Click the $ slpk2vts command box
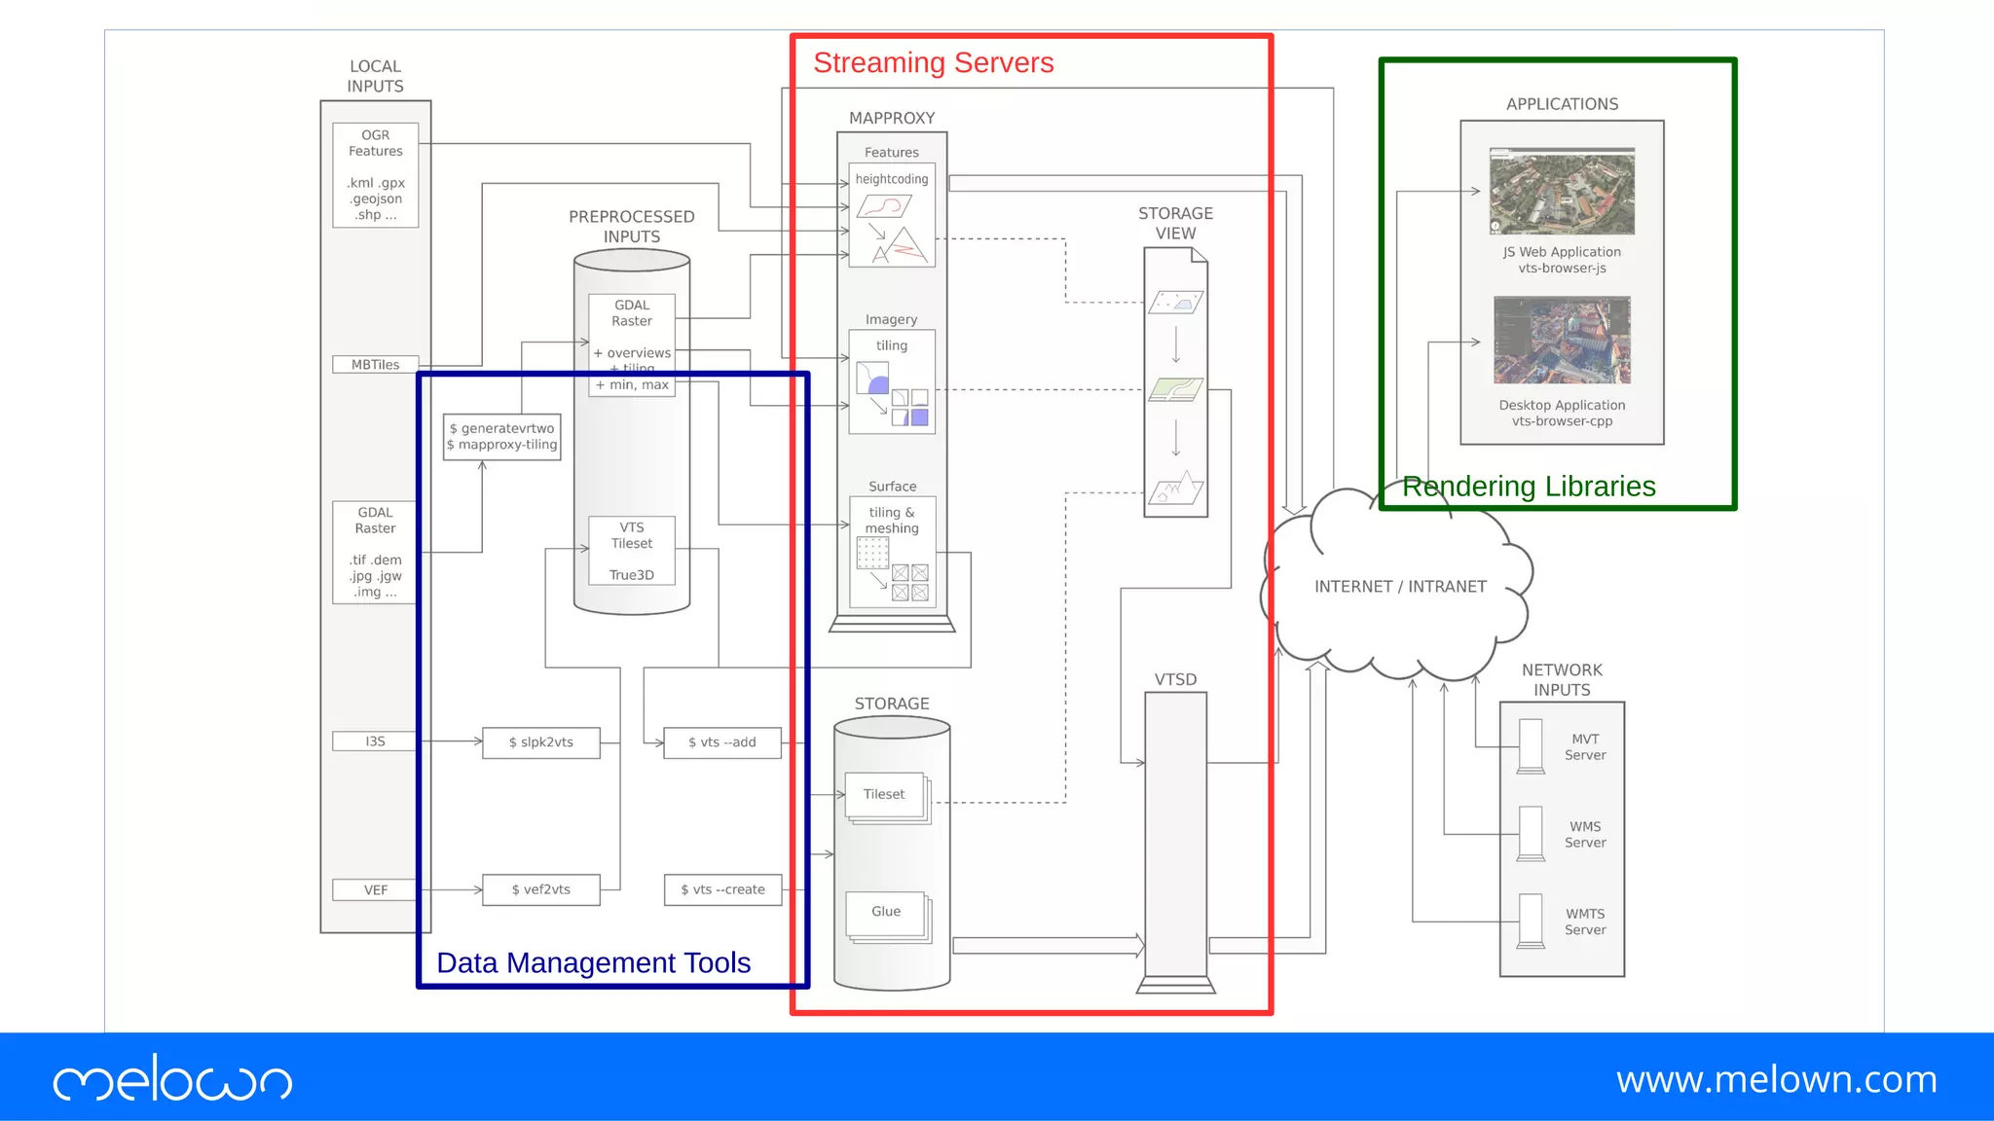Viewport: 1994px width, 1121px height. pos(540,742)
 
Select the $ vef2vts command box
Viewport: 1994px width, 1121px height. pos(540,889)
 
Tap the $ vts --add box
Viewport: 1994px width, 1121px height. pos(721,742)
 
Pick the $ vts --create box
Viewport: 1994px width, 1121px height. pos(722,889)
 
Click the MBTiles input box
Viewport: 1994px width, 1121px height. pos(375,365)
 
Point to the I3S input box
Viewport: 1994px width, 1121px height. pos(375,741)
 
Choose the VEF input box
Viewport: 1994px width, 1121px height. pos(375,890)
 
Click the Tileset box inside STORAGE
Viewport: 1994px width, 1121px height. pos(884,795)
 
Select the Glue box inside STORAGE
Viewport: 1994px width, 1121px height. pos(885,912)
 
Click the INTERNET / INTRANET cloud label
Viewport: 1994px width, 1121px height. pos(1400,587)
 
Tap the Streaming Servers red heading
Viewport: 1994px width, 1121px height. pos(933,63)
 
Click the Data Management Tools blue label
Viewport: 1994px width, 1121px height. pos(593,962)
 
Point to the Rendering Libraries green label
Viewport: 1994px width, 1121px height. pos(1528,487)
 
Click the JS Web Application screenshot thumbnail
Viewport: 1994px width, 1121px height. pos(1562,192)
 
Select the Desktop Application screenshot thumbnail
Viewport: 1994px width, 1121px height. pos(1562,341)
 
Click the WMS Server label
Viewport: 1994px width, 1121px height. pos(1584,835)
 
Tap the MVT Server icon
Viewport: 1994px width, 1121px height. pos(1531,746)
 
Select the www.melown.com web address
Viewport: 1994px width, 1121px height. pos(1776,1079)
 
